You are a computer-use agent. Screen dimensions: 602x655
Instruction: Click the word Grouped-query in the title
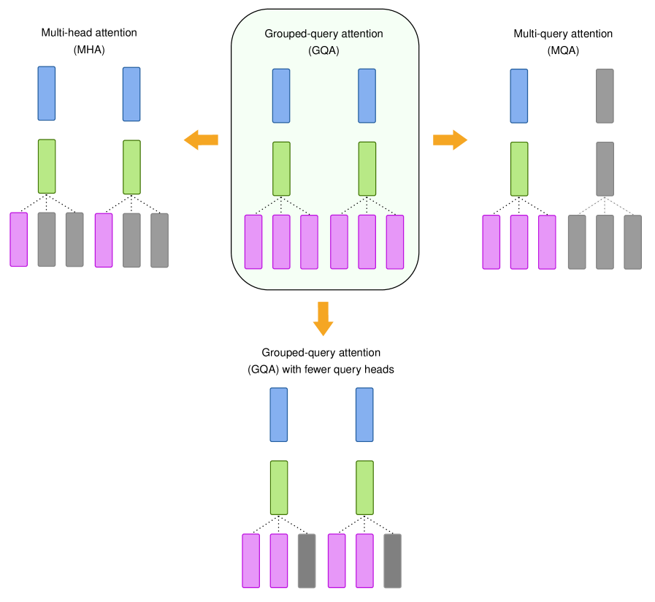tap(295, 34)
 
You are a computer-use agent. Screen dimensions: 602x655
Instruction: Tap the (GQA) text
tap(324, 50)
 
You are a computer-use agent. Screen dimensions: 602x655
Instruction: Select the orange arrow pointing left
tap(201, 140)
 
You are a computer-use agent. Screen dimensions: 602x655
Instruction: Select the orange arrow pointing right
tap(450, 140)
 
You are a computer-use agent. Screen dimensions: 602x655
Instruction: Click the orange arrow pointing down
tap(323, 319)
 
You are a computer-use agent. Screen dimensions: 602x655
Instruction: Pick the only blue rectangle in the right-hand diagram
tap(519, 96)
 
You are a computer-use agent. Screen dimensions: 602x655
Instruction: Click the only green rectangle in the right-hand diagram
tap(519, 169)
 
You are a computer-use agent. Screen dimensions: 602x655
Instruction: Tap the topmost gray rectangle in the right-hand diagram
tap(605, 96)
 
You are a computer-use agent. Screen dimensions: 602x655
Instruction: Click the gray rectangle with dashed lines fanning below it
tap(605, 169)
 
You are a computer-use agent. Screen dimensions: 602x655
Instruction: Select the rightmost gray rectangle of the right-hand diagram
tap(633, 242)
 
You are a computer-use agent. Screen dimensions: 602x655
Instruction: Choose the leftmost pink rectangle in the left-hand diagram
tap(19, 240)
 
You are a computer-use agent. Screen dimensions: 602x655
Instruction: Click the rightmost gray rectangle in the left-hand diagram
tap(159, 240)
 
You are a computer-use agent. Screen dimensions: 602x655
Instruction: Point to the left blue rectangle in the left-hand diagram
tap(47, 94)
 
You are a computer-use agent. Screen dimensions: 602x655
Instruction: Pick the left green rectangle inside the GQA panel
tap(282, 169)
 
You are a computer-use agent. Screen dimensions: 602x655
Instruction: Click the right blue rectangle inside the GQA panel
tap(367, 96)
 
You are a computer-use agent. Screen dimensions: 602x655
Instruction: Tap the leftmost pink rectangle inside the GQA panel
tap(253, 242)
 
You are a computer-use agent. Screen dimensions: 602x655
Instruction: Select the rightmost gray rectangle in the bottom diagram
tap(393, 560)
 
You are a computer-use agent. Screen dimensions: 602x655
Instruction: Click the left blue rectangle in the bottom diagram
tap(279, 414)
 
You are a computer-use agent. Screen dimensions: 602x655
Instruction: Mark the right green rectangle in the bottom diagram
tap(364, 487)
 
